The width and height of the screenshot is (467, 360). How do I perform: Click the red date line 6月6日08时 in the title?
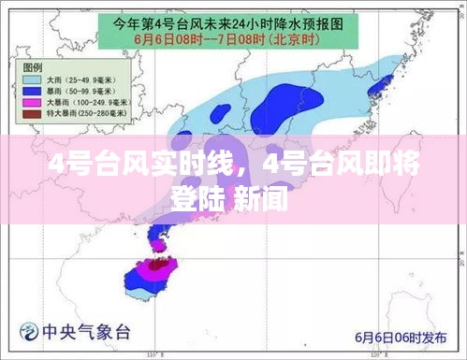click(x=172, y=39)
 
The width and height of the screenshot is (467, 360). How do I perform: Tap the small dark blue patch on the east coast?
click(x=378, y=88)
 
